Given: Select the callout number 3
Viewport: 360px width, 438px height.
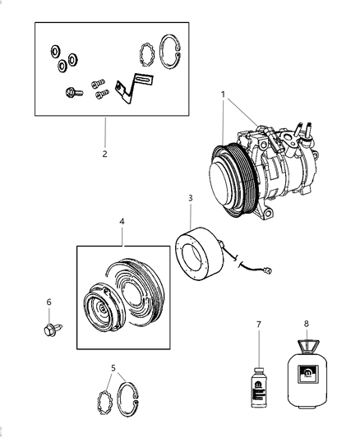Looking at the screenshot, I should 190,198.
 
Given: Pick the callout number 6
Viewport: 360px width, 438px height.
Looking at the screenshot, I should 48,302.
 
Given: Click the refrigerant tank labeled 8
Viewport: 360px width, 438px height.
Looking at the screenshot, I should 307,382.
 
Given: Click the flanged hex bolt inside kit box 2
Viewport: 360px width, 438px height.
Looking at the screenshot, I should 69,92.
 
